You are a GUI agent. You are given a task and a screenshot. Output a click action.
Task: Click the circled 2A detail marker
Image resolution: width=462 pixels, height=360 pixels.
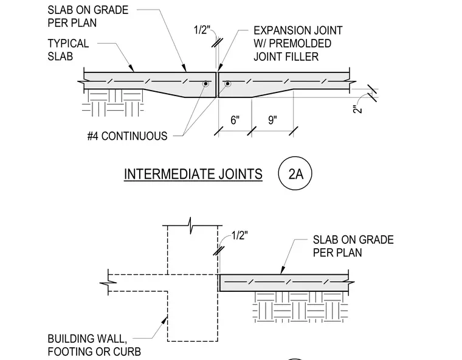[295, 173]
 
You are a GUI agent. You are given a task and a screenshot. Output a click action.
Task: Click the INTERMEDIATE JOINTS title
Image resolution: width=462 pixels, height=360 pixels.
[193, 174]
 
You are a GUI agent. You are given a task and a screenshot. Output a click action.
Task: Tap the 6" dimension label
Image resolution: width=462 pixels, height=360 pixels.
[235, 120]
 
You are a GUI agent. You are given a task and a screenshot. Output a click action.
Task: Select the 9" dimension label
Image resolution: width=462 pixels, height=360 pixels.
[272, 120]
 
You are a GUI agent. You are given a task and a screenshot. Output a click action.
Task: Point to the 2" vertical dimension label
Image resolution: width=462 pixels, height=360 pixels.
[357, 109]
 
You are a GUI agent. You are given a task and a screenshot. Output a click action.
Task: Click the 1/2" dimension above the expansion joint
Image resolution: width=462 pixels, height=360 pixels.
[202, 30]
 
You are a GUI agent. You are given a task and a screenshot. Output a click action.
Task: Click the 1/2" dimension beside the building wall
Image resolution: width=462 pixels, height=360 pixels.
[240, 235]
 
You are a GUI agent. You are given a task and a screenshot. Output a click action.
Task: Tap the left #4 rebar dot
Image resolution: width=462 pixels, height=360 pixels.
[205, 84]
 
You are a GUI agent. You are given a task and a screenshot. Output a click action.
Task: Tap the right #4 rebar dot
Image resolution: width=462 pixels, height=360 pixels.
[227, 84]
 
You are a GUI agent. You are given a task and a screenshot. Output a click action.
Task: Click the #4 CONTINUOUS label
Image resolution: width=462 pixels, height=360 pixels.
[127, 136]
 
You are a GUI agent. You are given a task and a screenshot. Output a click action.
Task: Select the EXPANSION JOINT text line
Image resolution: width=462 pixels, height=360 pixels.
[298, 30]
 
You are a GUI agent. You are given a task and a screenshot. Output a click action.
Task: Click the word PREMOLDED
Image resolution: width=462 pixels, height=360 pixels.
[300, 43]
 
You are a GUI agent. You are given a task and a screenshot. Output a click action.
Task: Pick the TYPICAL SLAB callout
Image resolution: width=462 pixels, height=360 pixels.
[68, 50]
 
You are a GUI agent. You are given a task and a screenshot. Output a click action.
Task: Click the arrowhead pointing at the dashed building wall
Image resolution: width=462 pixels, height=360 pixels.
[164, 320]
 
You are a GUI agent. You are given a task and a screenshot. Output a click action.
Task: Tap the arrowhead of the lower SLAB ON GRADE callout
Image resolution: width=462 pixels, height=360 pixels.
[282, 270]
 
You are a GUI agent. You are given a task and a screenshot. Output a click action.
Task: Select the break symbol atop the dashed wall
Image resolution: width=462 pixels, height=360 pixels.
[190, 226]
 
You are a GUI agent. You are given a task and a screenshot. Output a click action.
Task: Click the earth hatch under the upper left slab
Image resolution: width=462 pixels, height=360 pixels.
[113, 103]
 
